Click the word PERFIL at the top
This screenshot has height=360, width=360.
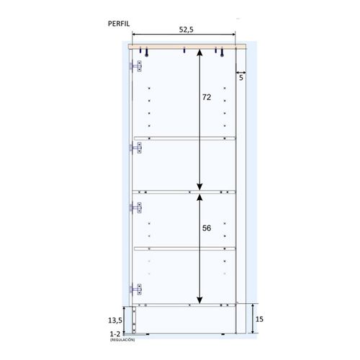[119, 23]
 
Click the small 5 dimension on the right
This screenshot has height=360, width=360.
[240, 78]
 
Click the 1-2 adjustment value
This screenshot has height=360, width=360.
[114, 334]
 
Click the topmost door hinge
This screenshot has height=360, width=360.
[135, 67]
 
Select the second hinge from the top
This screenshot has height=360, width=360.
[135, 148]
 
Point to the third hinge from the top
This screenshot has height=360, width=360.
[135, 208]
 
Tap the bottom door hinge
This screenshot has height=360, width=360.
[135, 289]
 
